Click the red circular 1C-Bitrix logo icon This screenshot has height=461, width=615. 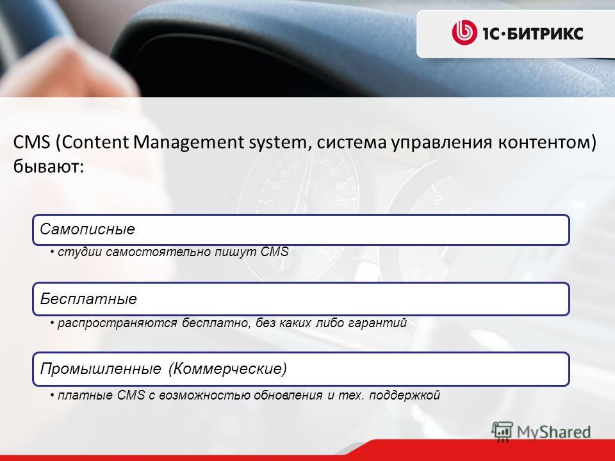(x=464, y=32)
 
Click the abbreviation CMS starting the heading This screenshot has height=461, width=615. (x=32, y=142)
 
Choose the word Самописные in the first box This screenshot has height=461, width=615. (x=88, y=229)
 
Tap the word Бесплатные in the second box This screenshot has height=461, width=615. (x=88, y=299)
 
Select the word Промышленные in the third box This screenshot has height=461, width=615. (x=101, y=369)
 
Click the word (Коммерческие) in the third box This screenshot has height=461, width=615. (x=228, y=369)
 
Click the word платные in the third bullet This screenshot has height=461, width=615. (x=85, y=395)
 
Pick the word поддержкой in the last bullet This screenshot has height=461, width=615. (x=405, y=395)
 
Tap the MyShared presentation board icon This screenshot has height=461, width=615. (x=502, y=432)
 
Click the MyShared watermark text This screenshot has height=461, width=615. (x=553, y=432)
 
